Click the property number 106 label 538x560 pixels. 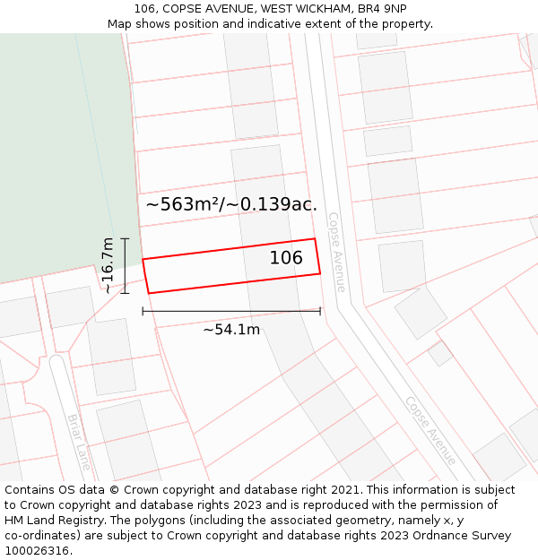point(286,258)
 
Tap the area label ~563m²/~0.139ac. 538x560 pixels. point(231,204)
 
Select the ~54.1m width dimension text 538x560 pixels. point(231,330)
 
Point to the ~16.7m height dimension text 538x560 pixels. point(108,265)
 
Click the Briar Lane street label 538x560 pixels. point(79,442)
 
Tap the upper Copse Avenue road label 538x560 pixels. point(336,252)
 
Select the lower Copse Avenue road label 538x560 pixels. point(430,430)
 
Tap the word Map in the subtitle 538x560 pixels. point(120,24)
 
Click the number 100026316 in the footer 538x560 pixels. point(37,551)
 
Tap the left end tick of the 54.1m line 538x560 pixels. point(143,311)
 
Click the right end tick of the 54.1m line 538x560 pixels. point(320,311)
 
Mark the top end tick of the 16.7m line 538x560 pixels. point(125,238)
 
